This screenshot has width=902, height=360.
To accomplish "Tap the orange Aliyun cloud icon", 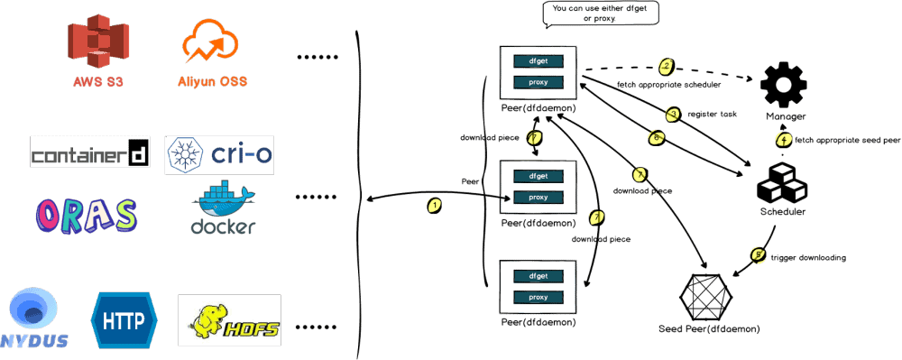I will click(x=210, y=43).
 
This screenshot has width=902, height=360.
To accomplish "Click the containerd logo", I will click(x=89, y=153).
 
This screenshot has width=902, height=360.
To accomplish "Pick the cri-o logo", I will click(x=219, y=155).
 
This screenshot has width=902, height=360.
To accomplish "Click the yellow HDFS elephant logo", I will click(x=229, y=319).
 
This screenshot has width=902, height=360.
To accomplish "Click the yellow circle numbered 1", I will click(x=435, y=205).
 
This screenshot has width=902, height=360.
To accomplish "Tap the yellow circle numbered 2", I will click(x=667, y=66).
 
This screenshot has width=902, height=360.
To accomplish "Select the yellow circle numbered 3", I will click(x=672, y=114).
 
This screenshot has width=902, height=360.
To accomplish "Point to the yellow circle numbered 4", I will click(x=784, y=139).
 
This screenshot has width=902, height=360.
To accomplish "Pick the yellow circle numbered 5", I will click(x=758, y=255).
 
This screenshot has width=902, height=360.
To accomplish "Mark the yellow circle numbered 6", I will click(x=657, y=137).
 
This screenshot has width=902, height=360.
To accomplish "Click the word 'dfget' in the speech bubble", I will click(x=639, y=8).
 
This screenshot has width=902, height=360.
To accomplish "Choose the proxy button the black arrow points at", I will click(x=539, y=198).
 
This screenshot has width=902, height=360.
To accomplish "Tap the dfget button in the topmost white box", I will click(x=539, y=61).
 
